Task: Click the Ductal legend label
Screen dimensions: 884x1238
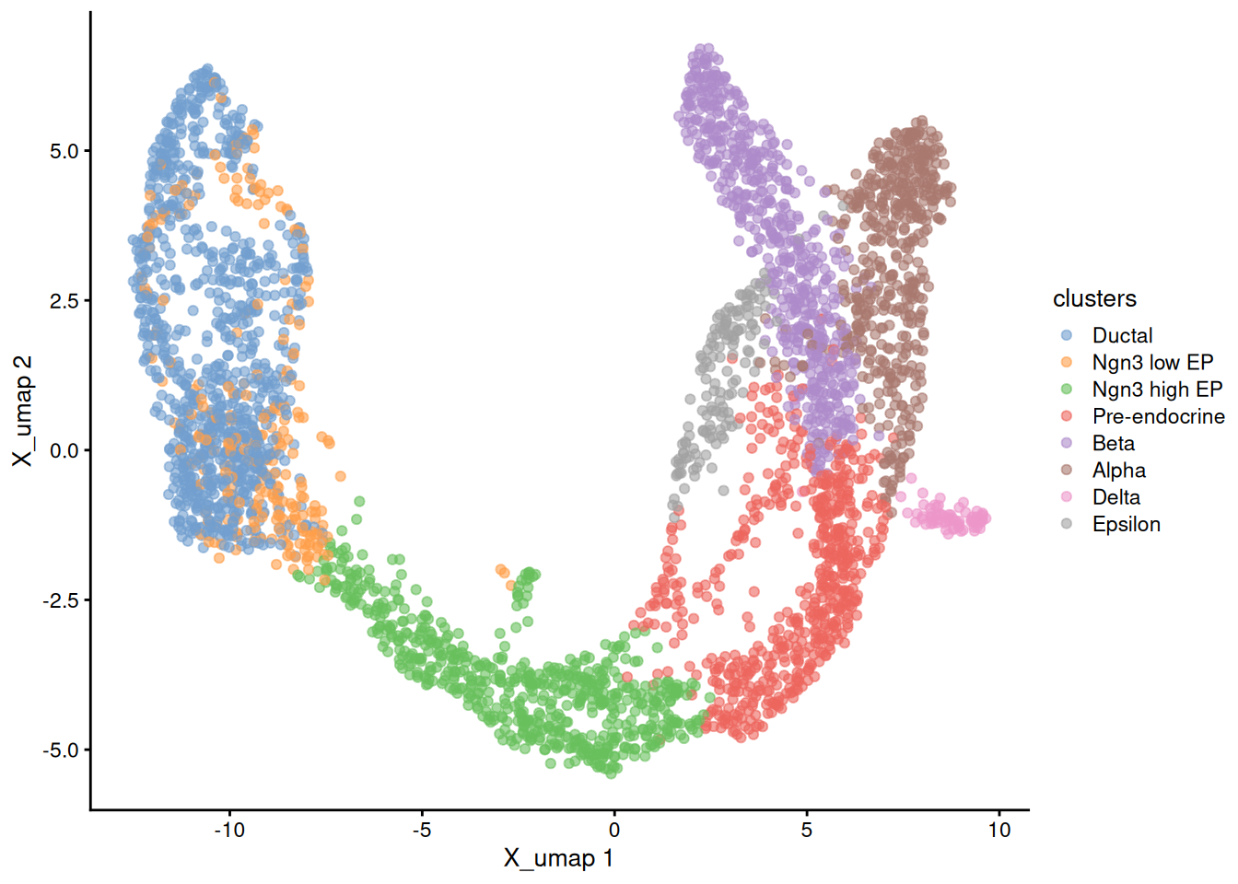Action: pyautogui.click(x=1122, y=336)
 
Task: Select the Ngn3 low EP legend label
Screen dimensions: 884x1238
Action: pyautogui.click(x=1152, y=363)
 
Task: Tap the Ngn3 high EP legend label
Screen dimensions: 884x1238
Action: pyautogui.click(x=1157, y=390)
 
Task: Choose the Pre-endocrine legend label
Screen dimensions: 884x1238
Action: pyautogui.click(x=1158, y=416)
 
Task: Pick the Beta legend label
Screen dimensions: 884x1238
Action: pyautogui.click(x=1113, y=444)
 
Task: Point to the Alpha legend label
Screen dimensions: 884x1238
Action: pyautogui.click(x=1118, y=471)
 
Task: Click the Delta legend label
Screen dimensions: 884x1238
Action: pyautogui.click(x=1115, y=497)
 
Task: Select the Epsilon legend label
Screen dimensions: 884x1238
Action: pyautogui.click(x=1126, y=524)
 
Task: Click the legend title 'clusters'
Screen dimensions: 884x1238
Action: pyautogui.click(x=1094, y=298)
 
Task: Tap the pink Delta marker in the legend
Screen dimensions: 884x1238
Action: pyautogui.click(x=1067, y=497)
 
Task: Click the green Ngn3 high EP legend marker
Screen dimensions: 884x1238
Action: pyautogui.click(x=1067, y=390)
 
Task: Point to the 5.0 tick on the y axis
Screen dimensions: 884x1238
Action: pyautogui.click(x=64, y=151)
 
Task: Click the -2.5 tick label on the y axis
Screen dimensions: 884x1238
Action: pyautogui.click(x=61, y=600)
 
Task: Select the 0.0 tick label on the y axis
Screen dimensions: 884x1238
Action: pyautogui.click(x=64, y=450)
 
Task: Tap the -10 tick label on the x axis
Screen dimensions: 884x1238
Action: pyautogui.click(x=229, y=830)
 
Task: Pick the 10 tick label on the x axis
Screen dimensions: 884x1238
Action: pyautogui.click(x=999, y=830)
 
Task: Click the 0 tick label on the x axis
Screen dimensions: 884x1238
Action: pyautogui.click(x=614, y=830)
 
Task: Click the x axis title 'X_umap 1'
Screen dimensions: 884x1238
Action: pyautogui.click(x=558, y=859)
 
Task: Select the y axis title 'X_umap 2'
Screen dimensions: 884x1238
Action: pyautogui.click(x=22, y=411)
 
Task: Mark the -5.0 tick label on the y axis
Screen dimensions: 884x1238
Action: pyautogui.click(x=61, y=750)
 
